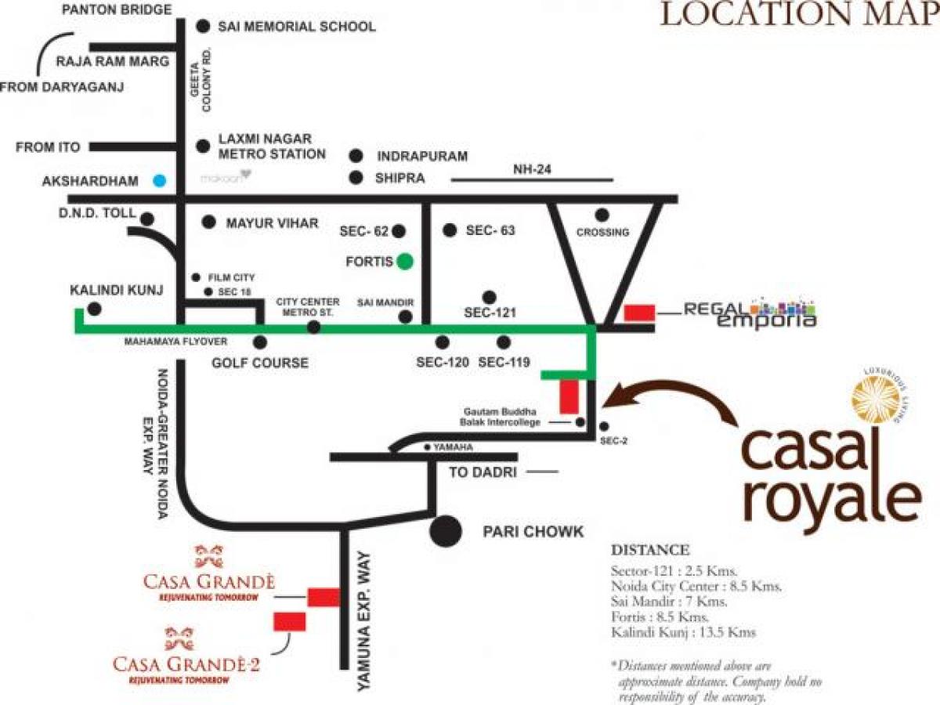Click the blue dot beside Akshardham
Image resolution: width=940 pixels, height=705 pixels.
tap(160, 180)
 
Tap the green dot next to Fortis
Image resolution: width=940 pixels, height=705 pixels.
tap(404, 262)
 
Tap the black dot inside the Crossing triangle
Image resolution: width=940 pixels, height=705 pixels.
tap(602, 215)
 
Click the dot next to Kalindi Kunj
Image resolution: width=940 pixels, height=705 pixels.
tap(95, 309)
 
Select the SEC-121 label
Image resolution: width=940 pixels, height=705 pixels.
tap(489, 312)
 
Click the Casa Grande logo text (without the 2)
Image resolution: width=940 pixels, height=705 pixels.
tap(208, 582)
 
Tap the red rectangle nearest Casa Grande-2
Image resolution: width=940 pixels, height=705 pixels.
tap(289, 622)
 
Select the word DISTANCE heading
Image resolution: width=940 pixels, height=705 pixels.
tap(649, 550)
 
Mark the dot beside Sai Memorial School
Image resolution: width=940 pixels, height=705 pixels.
tap(204, 26)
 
